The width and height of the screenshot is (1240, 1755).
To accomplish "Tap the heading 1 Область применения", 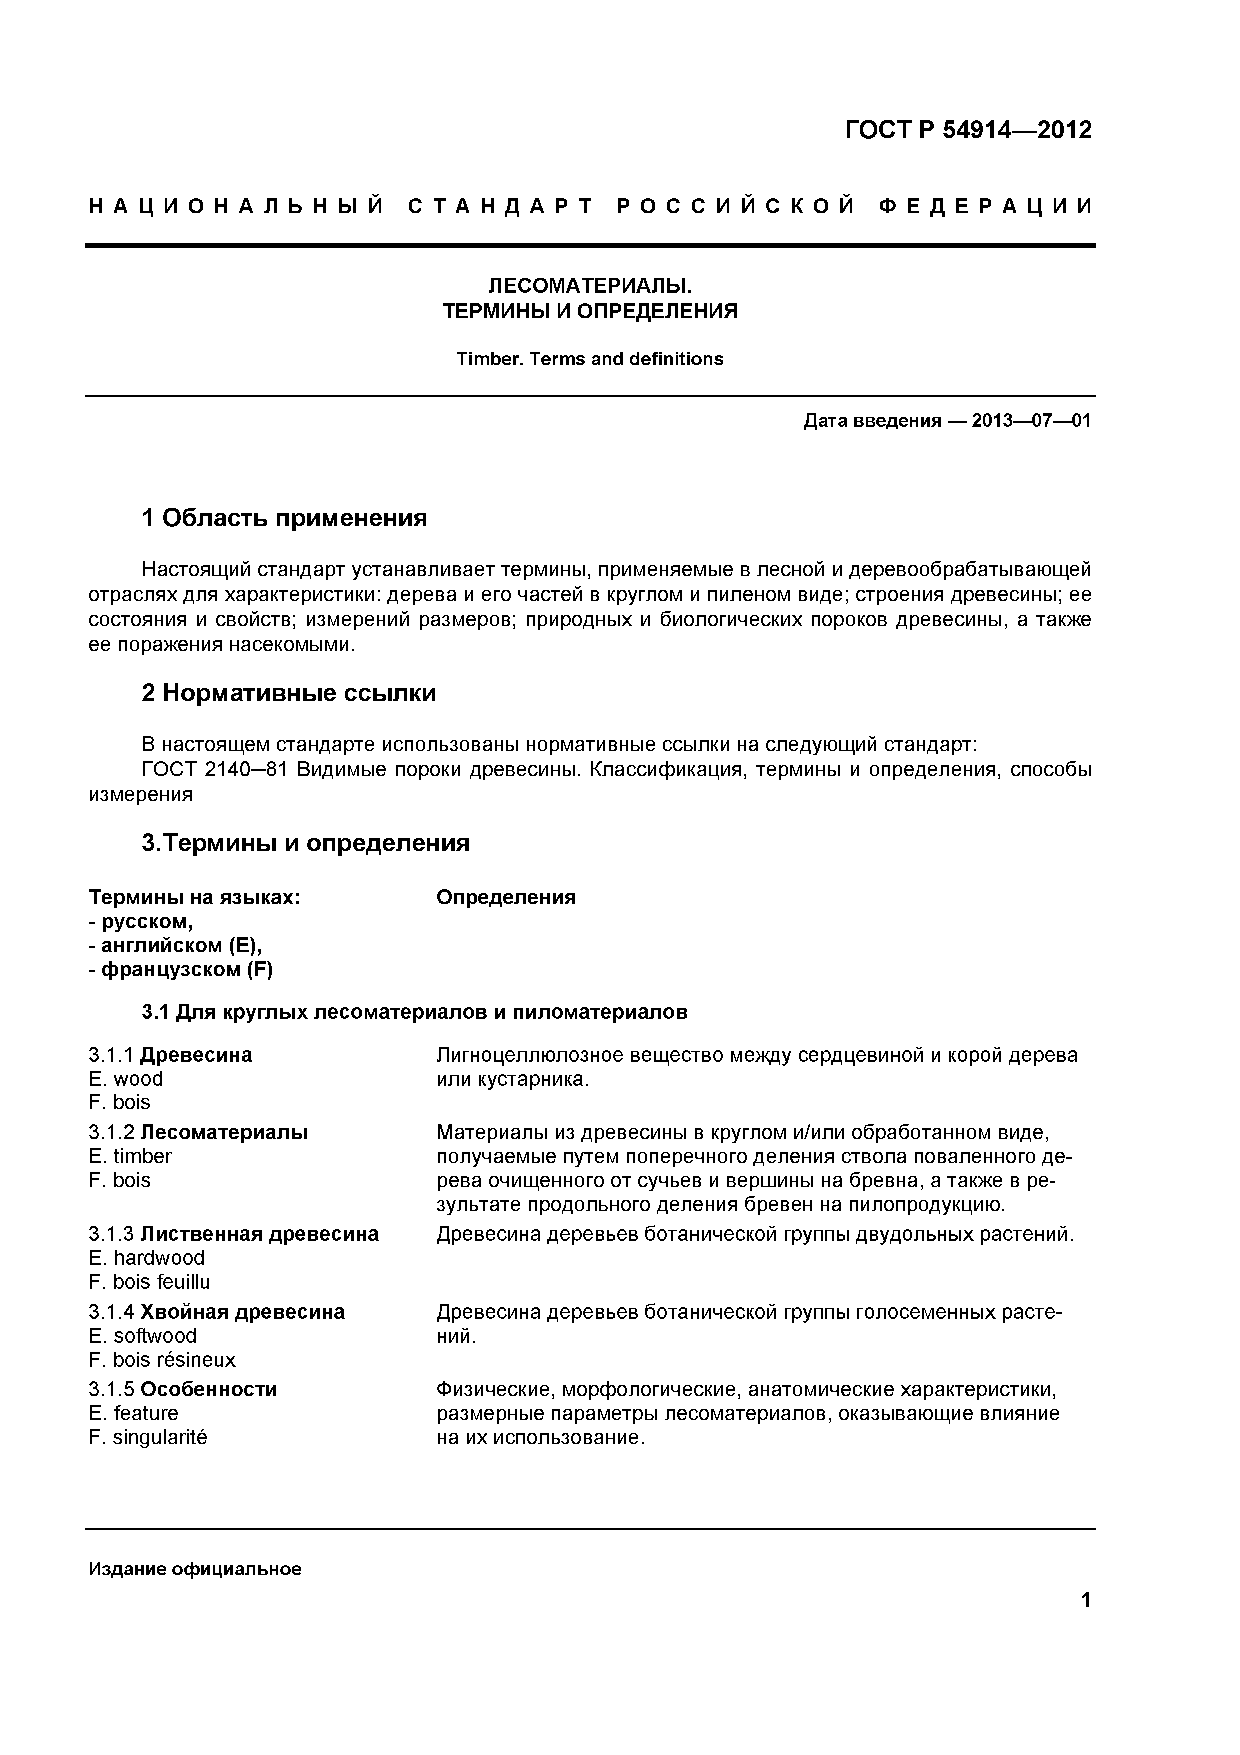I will [x=284, y=518].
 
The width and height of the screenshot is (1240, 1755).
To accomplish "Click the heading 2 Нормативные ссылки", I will [x=289, y=693].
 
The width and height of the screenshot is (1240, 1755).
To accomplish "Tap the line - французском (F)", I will [x=181, y=970].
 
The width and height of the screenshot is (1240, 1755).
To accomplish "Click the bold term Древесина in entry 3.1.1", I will [x=196, y=1055].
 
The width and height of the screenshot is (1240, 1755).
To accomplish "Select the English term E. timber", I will [x=130, y=1156].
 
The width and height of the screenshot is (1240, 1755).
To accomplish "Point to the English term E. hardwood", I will [x=146, y=1257].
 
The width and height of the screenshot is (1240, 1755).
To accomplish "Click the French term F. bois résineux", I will [x=162, y=1360].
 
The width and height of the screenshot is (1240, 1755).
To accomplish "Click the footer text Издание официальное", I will [x=195, y=1569].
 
